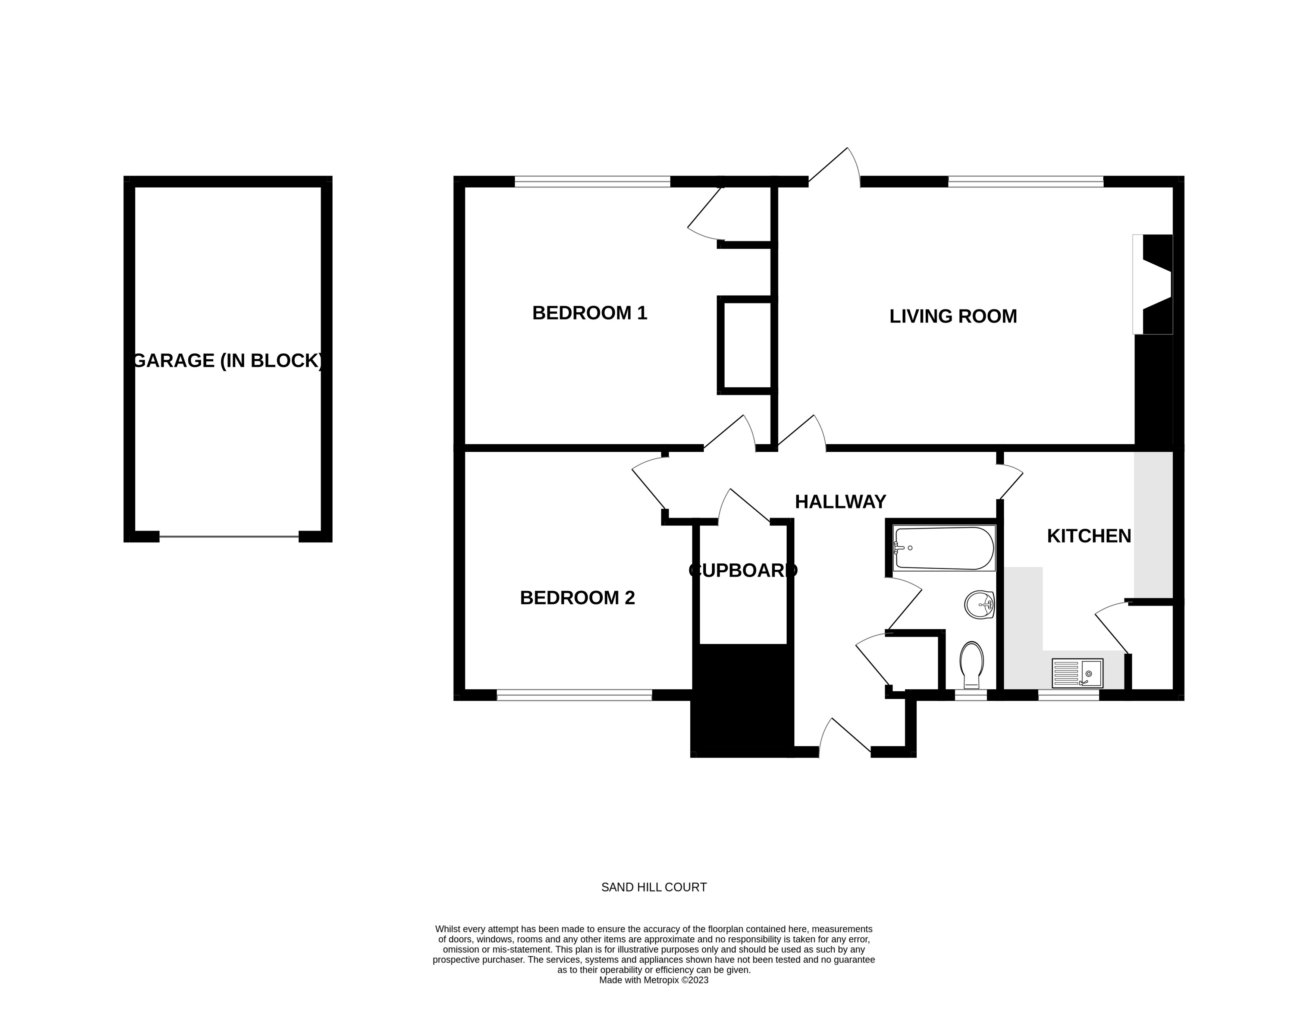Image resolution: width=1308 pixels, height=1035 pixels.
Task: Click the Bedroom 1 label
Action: (589, 313)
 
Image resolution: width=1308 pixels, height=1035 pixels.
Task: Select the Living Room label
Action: (953, 316)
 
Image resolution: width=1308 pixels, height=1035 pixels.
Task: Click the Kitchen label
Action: (1089, 536)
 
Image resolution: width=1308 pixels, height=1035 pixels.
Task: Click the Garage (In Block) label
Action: (227, 361)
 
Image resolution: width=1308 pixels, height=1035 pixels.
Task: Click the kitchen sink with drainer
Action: (1077, 673)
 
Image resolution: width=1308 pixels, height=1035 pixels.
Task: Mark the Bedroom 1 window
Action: (592, 181)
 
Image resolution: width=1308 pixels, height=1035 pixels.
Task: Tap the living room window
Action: (1026, 181)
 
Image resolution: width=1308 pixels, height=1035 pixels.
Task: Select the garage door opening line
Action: (229, 536)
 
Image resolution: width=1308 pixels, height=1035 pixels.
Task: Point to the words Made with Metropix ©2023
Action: (653, 997)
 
